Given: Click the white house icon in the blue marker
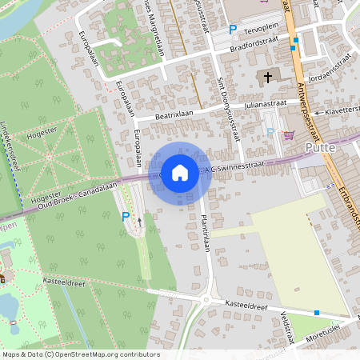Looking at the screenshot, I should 180,172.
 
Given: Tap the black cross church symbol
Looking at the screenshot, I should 267,78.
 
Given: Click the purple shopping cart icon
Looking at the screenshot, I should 288,134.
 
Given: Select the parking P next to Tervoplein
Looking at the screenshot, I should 233,30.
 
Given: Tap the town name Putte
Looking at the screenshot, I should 322,148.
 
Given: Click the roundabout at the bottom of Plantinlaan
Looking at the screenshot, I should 207,300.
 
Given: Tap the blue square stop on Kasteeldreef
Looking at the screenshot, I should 317,313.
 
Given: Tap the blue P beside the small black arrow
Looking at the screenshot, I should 125,216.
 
